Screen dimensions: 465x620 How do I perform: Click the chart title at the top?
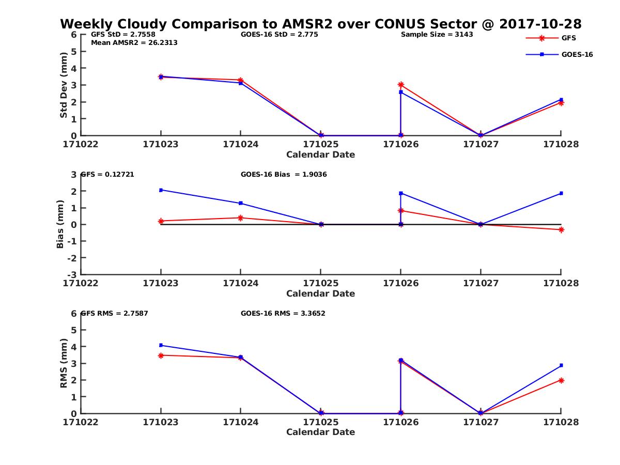pos(321,24)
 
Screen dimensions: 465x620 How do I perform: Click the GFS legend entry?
pos(568,38)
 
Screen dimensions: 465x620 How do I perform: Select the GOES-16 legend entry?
pos(577,54)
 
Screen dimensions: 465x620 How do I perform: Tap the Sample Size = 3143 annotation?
pos(437,35)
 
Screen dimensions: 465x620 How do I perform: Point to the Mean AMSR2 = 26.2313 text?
pos(134,43)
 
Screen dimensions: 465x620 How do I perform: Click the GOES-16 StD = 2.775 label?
pos(279,35)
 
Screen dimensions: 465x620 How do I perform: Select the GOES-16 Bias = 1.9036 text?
pos(284,175)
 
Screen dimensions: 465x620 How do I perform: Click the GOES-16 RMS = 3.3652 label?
pos(283,313)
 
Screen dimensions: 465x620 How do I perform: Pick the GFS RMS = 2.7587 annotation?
pos(114,313)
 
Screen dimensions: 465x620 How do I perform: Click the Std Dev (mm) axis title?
pos(64,85)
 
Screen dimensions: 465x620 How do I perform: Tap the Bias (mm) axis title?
pos(60,225)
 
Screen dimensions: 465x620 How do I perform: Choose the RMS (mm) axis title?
pos(64,363)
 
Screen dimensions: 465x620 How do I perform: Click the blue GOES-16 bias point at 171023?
pos(161,190)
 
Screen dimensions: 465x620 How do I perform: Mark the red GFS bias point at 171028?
pos(561,229)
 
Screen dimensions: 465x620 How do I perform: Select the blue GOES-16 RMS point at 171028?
pos(561,365)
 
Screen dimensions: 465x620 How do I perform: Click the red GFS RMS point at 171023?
pos(161,355)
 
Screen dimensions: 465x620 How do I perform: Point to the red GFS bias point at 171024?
pos(240,218)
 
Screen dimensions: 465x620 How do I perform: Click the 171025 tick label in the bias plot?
pos(320,283)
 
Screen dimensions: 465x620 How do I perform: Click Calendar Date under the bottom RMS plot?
pos(320,432)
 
